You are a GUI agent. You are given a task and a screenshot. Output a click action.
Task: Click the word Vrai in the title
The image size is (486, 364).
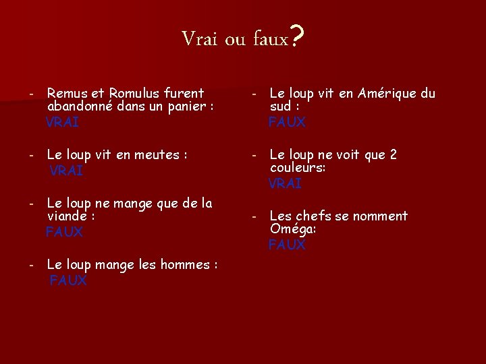[x=199, y=39]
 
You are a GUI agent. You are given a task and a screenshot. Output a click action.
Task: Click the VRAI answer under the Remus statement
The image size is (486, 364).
[x=62, y=122]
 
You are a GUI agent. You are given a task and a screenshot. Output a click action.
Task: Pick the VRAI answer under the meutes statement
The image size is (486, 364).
[x=66, y=171]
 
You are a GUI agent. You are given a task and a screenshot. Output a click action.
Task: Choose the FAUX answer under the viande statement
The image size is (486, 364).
[x=64, y=232]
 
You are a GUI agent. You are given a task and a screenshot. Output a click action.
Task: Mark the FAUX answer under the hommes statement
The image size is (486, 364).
[x=68, y=280]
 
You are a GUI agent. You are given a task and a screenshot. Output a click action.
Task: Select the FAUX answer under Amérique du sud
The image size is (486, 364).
[x=287, y=122]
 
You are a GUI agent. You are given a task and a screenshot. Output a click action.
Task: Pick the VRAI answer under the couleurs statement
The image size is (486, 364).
[x=285, y=183]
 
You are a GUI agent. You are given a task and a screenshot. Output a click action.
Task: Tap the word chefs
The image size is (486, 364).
[x=310, y=216]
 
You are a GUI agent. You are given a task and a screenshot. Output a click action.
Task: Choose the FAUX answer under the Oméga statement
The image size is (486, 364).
[x=287, y=245]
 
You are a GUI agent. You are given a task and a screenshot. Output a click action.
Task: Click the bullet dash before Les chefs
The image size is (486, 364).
[x=254, y=217]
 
